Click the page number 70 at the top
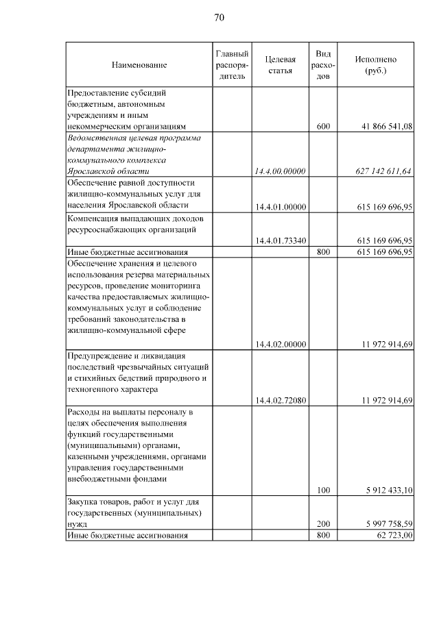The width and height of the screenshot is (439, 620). tap(219, 17)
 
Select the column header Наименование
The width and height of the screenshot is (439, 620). tap(139, 64)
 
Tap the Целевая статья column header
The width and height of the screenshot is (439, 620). tap(280, 64)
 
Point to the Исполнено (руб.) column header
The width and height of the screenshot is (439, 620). tap(375, 64)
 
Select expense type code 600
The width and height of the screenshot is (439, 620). tap(323, 126)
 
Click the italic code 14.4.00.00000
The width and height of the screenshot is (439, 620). tap(280, 171)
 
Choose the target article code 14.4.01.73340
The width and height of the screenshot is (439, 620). tap(280, 240)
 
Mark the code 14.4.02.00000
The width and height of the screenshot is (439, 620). tap(280, 344)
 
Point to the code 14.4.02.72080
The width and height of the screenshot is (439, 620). tap(280, 400)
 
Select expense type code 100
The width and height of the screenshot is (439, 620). tap(323, 490)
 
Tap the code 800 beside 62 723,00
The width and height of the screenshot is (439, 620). tap(323, 535)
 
